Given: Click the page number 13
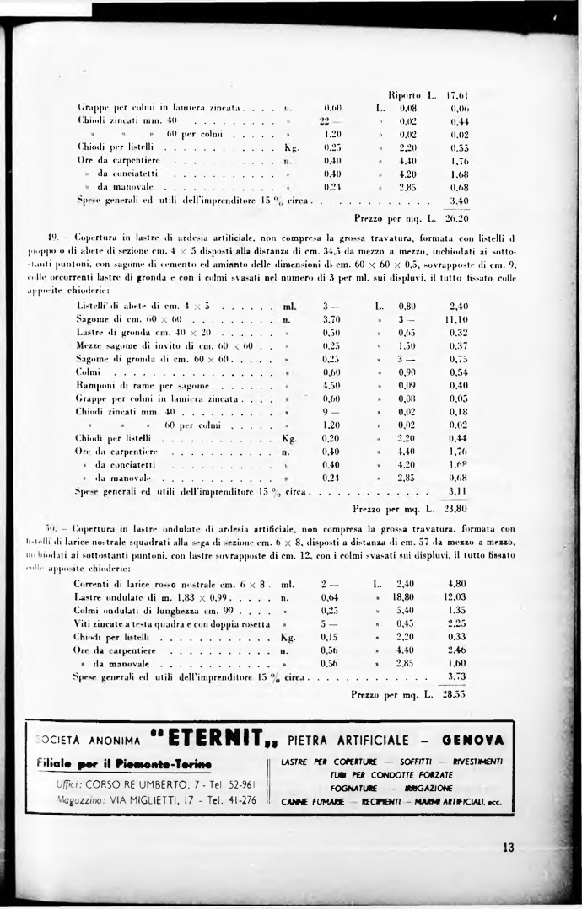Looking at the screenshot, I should click(x=508, y=848).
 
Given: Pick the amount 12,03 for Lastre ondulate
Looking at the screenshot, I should click(x=456, y=596).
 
